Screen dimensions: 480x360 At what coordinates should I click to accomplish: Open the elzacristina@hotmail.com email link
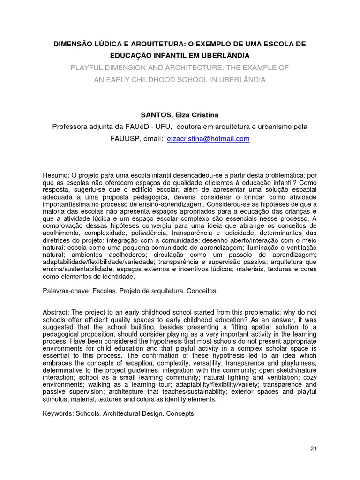208,139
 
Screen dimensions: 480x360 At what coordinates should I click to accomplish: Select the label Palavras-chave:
65,291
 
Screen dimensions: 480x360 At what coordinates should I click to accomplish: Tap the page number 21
314,449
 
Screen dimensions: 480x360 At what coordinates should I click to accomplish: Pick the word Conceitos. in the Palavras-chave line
202,291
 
